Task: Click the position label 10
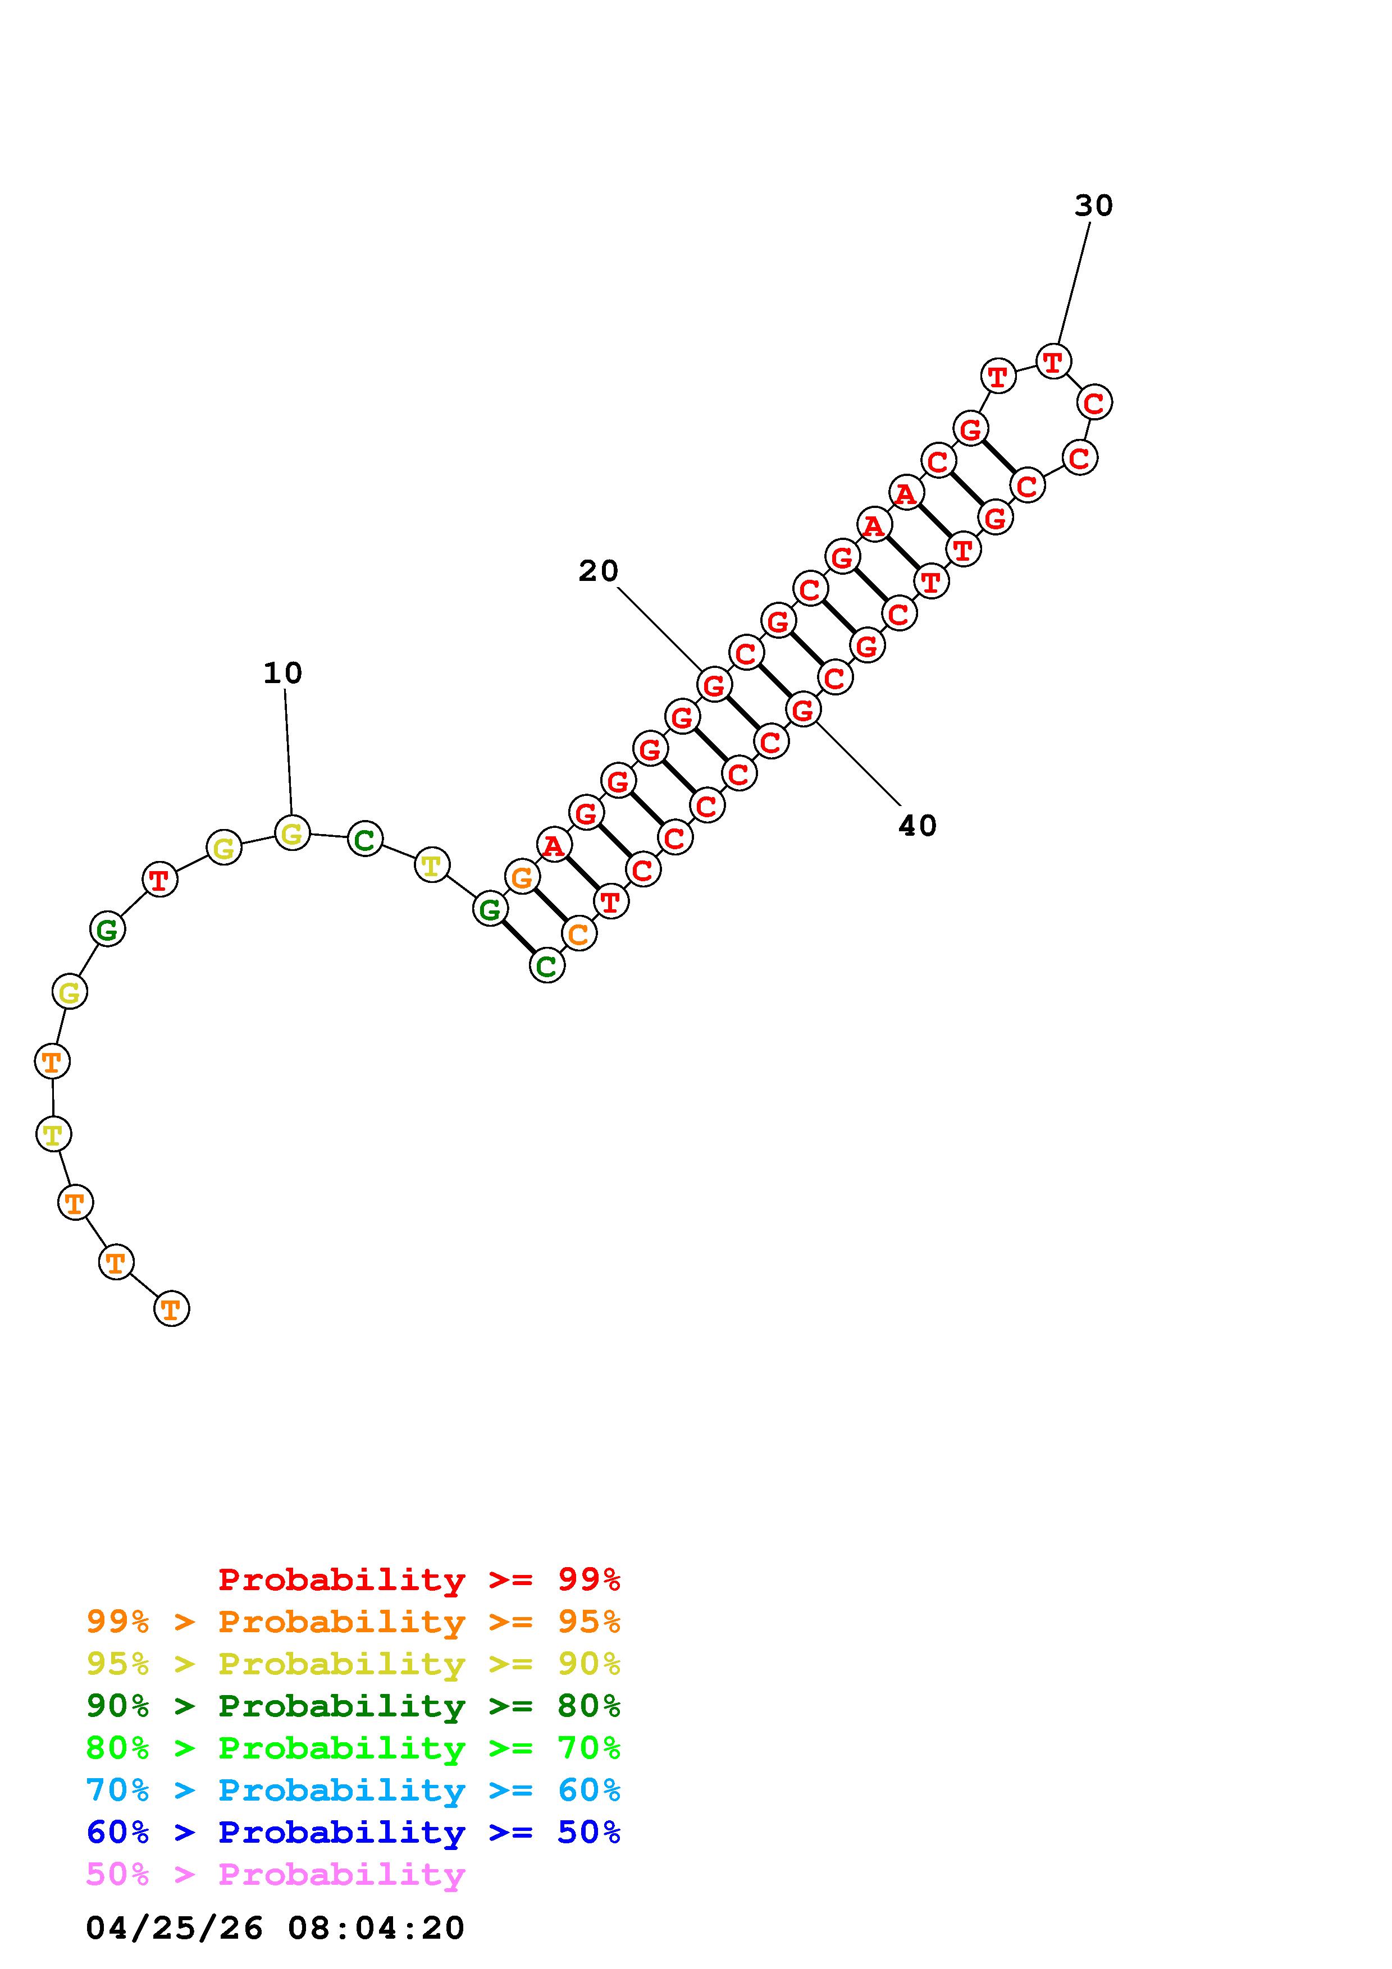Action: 282,673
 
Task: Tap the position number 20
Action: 598,571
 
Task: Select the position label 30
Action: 1093,206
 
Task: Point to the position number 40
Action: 917,826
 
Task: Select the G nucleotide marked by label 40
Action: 803,709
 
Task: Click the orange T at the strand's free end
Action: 171,1309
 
